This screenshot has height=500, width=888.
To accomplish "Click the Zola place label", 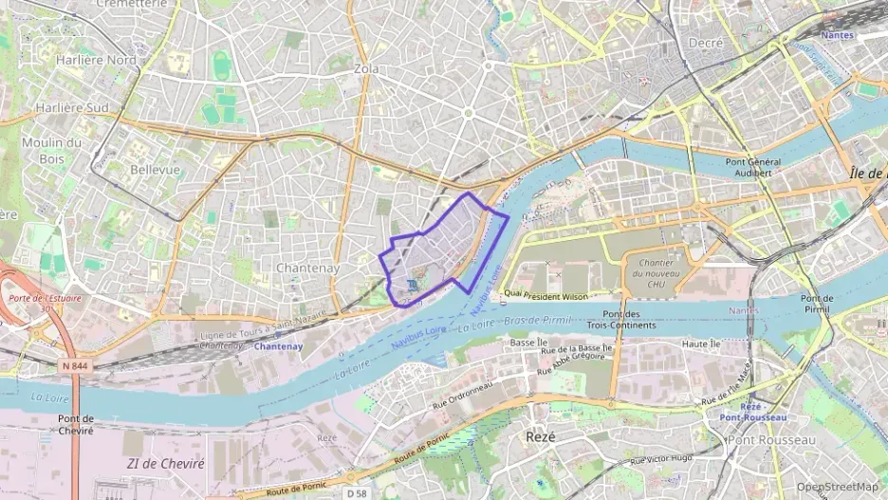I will pyautogui.click(x=365, y=69).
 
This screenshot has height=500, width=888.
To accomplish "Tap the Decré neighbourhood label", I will pyautogui.click(x=706, y=43).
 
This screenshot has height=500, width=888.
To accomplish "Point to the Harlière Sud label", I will pyautogui.click(x=71, y=107).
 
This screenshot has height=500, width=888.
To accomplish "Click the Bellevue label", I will pyautogui.click(x=155, y=169).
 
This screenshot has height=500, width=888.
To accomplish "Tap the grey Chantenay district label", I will pyautogui.click(x=307, y=268).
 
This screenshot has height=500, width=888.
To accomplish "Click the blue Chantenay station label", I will pyautogui.click(x=279, y=346).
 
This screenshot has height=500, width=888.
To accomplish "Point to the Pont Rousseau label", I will pyautogui.click(x=772, y=440).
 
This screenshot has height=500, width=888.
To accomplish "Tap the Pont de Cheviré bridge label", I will pyautogui.click(x=75, y=424).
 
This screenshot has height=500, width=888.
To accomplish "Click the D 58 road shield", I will pyautogui.click(x=357, y=493).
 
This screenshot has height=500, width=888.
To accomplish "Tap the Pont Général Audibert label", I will pyautogui.click(x=753, y=167).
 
